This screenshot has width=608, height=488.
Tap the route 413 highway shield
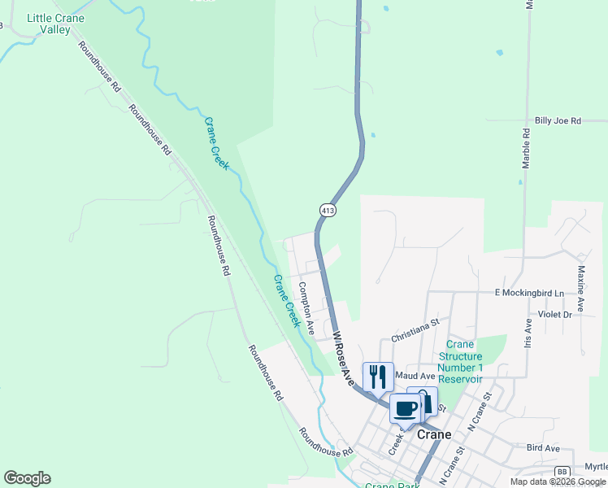[x=327, y=210]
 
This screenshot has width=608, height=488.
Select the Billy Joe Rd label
[x=558, y=120]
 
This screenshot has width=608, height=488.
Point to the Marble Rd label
[x=527, y=147]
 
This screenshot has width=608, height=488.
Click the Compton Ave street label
[x=306, y=308]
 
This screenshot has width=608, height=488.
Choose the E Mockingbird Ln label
[x=528, y=292]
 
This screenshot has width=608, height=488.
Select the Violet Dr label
[x=555, y=314]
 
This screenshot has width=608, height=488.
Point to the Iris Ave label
[x=528, y=333]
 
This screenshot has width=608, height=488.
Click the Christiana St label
[x=415, y=329]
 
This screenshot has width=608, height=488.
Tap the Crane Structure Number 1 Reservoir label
[x=461, y=362]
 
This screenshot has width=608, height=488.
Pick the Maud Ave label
[x=415, y=376]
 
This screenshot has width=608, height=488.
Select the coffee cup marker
[x=406, y=408]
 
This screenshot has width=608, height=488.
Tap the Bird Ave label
[x=543, y=448]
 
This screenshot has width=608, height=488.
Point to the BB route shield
[x=562, y=471]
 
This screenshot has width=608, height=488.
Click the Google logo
[x=27, y=478]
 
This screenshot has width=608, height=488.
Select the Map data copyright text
[x=558, y=481]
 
